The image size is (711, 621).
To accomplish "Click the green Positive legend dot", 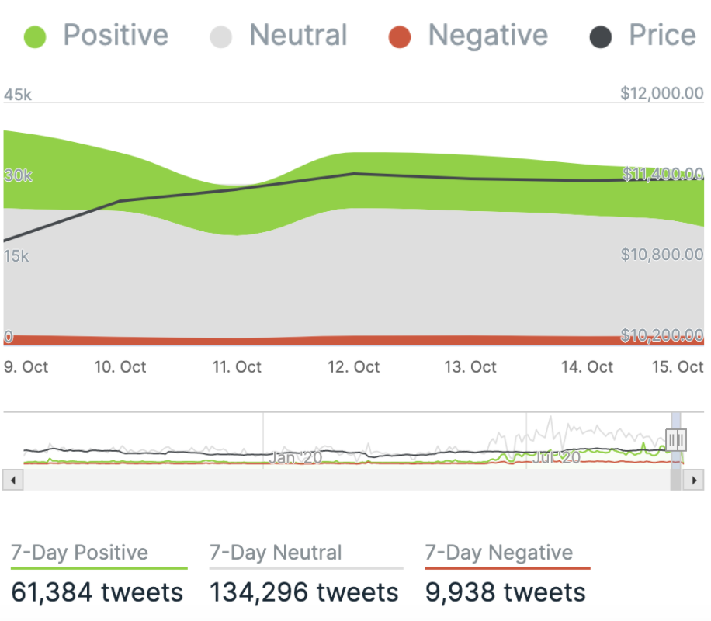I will point(36,36).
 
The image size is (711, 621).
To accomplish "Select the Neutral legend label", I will point(298,36).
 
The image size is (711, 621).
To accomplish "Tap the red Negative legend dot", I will point(400,36).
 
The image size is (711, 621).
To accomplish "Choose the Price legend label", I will point(662,36).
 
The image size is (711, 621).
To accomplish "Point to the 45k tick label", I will point(18,95).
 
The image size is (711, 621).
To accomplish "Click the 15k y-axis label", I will point(16,255).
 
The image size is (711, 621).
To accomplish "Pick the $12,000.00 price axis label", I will point(661,94).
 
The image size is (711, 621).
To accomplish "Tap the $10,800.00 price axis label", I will point(661,255).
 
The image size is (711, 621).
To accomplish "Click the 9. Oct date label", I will point(26,367).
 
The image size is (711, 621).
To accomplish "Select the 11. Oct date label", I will point(237,367).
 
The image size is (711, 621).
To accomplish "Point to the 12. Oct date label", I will point(354,367).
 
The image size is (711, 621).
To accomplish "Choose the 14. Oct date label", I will point(587,367).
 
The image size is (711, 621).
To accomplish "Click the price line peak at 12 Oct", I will point(354,174).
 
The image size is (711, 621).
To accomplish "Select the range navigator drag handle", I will point(676,441).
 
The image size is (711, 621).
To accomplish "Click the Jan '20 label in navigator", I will point(296,458).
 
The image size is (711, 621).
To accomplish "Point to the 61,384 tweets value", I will point(97,592).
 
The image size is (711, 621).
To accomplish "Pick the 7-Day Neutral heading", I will point(276,553).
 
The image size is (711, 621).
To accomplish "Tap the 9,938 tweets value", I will point(505,592).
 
